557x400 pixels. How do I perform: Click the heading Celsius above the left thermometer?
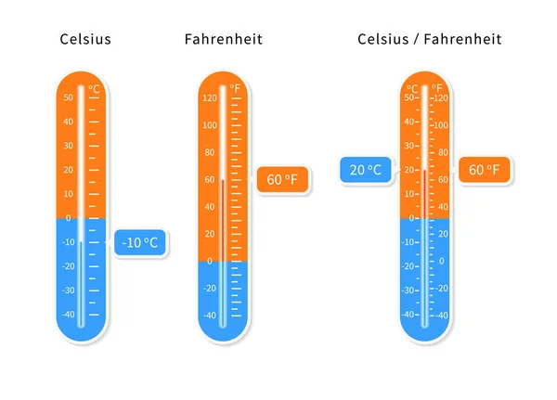pos(85,39)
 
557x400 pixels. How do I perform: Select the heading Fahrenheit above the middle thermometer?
pos(223,39)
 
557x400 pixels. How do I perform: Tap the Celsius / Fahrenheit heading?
pos(429,39)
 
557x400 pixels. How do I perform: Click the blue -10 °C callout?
pos(140,243)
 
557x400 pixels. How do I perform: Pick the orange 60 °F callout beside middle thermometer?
pos(281,179)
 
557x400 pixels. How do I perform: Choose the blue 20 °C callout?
pos(362,170)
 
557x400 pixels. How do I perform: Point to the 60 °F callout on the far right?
pos(484,170)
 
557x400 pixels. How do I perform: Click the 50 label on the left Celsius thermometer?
pos(69,97)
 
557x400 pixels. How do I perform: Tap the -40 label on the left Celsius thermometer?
pos(68,314)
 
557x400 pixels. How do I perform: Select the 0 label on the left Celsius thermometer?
pos(68,218)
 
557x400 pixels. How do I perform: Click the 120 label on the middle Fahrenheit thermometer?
pos(209,97)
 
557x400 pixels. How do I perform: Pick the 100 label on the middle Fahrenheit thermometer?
pos(209,125)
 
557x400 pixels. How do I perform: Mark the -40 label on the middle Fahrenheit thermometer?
pos(209,316)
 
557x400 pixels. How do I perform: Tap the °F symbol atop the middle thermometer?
pos(236,89)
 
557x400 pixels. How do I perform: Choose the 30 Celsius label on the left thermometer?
pos(68,146)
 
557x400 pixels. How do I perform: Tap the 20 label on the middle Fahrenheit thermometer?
pos(210,234)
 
